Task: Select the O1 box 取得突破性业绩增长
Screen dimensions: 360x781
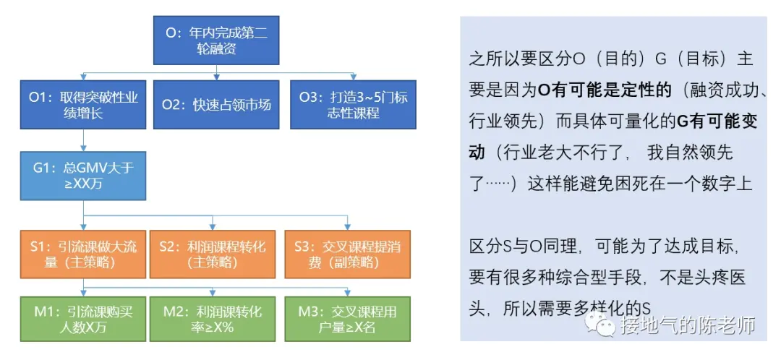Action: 84,104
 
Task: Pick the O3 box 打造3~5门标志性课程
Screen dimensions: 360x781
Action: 349,104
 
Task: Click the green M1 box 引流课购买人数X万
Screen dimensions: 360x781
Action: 84,320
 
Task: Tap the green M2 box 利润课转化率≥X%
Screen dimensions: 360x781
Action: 212,320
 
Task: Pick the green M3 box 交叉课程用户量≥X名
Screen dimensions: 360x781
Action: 349,320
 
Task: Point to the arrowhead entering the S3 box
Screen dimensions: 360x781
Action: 349,227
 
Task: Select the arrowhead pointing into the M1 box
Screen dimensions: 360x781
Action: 84,293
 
